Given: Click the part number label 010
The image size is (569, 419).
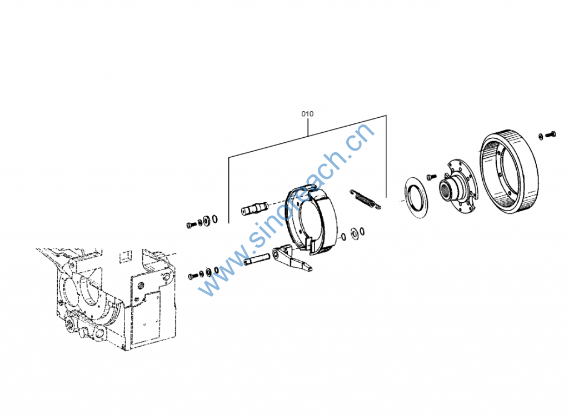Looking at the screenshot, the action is coord(307,114).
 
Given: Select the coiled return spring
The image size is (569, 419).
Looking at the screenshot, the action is coord(365,199).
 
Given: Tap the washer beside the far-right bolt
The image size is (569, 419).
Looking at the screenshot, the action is coord(541,136).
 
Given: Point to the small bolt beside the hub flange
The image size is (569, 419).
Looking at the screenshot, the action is coord(431,177).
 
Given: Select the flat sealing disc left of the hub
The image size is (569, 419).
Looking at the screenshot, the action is coord(416,198).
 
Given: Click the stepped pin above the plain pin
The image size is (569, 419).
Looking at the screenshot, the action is coord(254,209).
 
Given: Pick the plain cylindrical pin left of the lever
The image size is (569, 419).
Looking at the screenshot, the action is coord(256,260).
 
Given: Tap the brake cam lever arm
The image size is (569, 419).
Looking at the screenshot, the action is coord(292,257).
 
